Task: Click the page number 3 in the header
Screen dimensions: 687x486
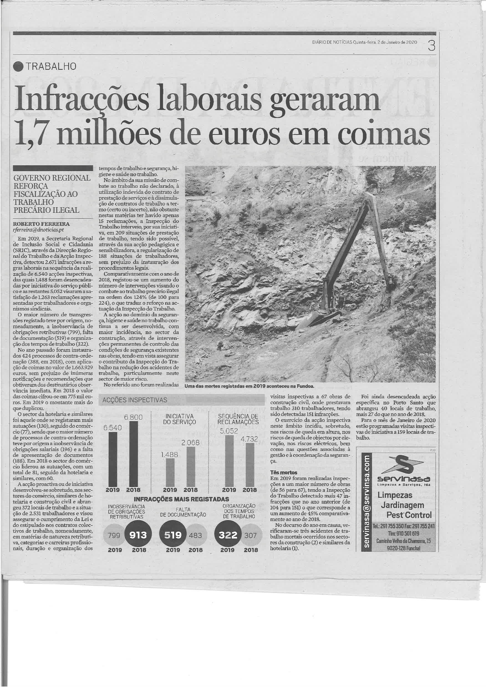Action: tap(431, 46)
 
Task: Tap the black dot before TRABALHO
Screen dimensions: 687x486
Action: tap(18, 66)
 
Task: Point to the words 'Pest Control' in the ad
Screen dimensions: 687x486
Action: tap(409, 515)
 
